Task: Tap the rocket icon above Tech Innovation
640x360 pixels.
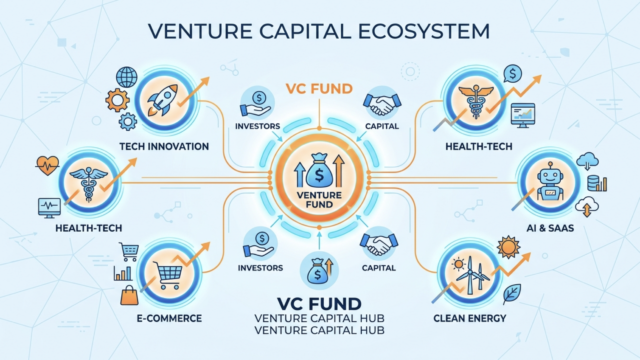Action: coord(163,100)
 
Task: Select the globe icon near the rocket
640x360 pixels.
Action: coord(127,77)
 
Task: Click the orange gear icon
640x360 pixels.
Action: coord(118,100)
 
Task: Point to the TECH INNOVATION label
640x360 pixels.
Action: coord(164,146)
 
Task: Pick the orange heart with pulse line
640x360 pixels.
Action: coord(47,165)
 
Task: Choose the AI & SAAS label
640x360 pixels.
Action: coord(550,228)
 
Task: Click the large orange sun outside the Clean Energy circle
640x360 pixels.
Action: coord(508,247)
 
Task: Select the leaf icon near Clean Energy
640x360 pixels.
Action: coord(511,293)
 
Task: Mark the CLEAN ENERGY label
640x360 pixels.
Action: coord(470,318)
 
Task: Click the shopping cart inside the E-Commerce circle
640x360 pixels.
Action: coord(167,275)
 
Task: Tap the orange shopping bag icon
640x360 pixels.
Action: coord(129,296)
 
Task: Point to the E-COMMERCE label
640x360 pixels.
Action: coord(169,318)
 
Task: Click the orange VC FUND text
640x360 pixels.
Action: coord(319,89)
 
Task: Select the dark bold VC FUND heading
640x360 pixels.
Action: coord(319,304)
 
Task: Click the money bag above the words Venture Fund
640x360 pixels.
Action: coord(319,171)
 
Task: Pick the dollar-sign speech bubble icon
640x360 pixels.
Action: coord(513,74)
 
